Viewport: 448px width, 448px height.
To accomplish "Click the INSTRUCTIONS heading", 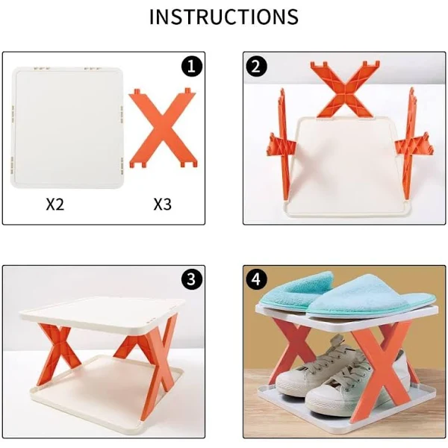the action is pyautogui.click(x=224, y=17).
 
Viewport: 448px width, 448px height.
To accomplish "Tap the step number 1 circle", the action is pyautogui.click(x=192, y=66).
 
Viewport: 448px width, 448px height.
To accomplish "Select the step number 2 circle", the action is pyautogui.click(x=256, y=66).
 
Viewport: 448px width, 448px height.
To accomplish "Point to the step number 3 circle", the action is pyautogui.click(x=192, y=279).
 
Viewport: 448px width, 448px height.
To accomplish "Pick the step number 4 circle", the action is pyautogui.click(x=256, y=279).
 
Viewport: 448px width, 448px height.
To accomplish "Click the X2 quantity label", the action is pyautogui.click(x=55, y=205).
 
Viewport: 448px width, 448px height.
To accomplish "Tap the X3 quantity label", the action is pyautogui.click(x=162, y=205).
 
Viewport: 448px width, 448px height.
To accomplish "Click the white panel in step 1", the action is pyautogui.click(x=67, y=128).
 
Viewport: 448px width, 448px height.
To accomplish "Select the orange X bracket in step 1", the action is pyautogui.click(x=163, y=128).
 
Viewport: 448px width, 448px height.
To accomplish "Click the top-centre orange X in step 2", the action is pyautogui.click(x=346, y=89).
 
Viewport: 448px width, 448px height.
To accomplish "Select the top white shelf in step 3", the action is pyautogui.click(x=103, y=314).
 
